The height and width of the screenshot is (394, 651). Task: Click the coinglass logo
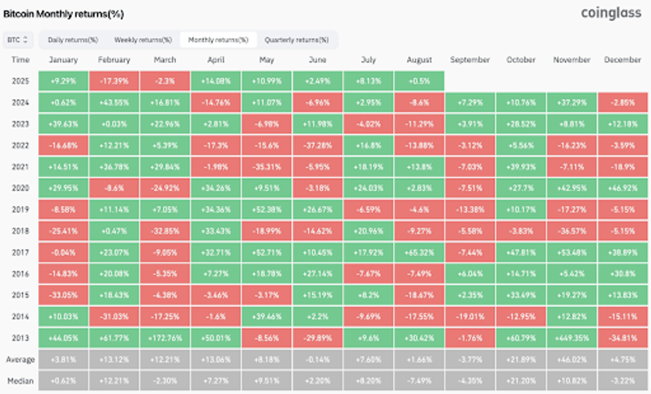pos(611,13)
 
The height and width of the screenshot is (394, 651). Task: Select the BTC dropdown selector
pos(17,40)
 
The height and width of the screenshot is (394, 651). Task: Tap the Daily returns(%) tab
pos(73,40)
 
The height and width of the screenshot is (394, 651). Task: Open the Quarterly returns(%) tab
pos(297,40)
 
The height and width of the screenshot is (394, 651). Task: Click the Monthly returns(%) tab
pos(218,40)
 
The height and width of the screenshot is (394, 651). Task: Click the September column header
pos(470,60)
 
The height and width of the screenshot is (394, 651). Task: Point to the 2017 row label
pos(20,252)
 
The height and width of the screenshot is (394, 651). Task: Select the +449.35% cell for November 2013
pos(571,338)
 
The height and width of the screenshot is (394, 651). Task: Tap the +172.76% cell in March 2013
pos(165,338)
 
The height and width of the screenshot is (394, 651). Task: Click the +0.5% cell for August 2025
pos(419,81)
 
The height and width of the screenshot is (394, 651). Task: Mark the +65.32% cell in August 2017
pos(419,252)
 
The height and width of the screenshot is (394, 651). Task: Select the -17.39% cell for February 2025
pos(113,81)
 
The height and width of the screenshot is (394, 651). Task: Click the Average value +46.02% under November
pos(571,360)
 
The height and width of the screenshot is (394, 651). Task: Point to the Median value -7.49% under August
pos(419,381)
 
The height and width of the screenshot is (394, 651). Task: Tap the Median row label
pos(20,381)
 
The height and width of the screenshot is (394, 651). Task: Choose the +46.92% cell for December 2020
pos(623,188)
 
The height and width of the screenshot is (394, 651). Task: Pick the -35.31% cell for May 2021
pos(266,166)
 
